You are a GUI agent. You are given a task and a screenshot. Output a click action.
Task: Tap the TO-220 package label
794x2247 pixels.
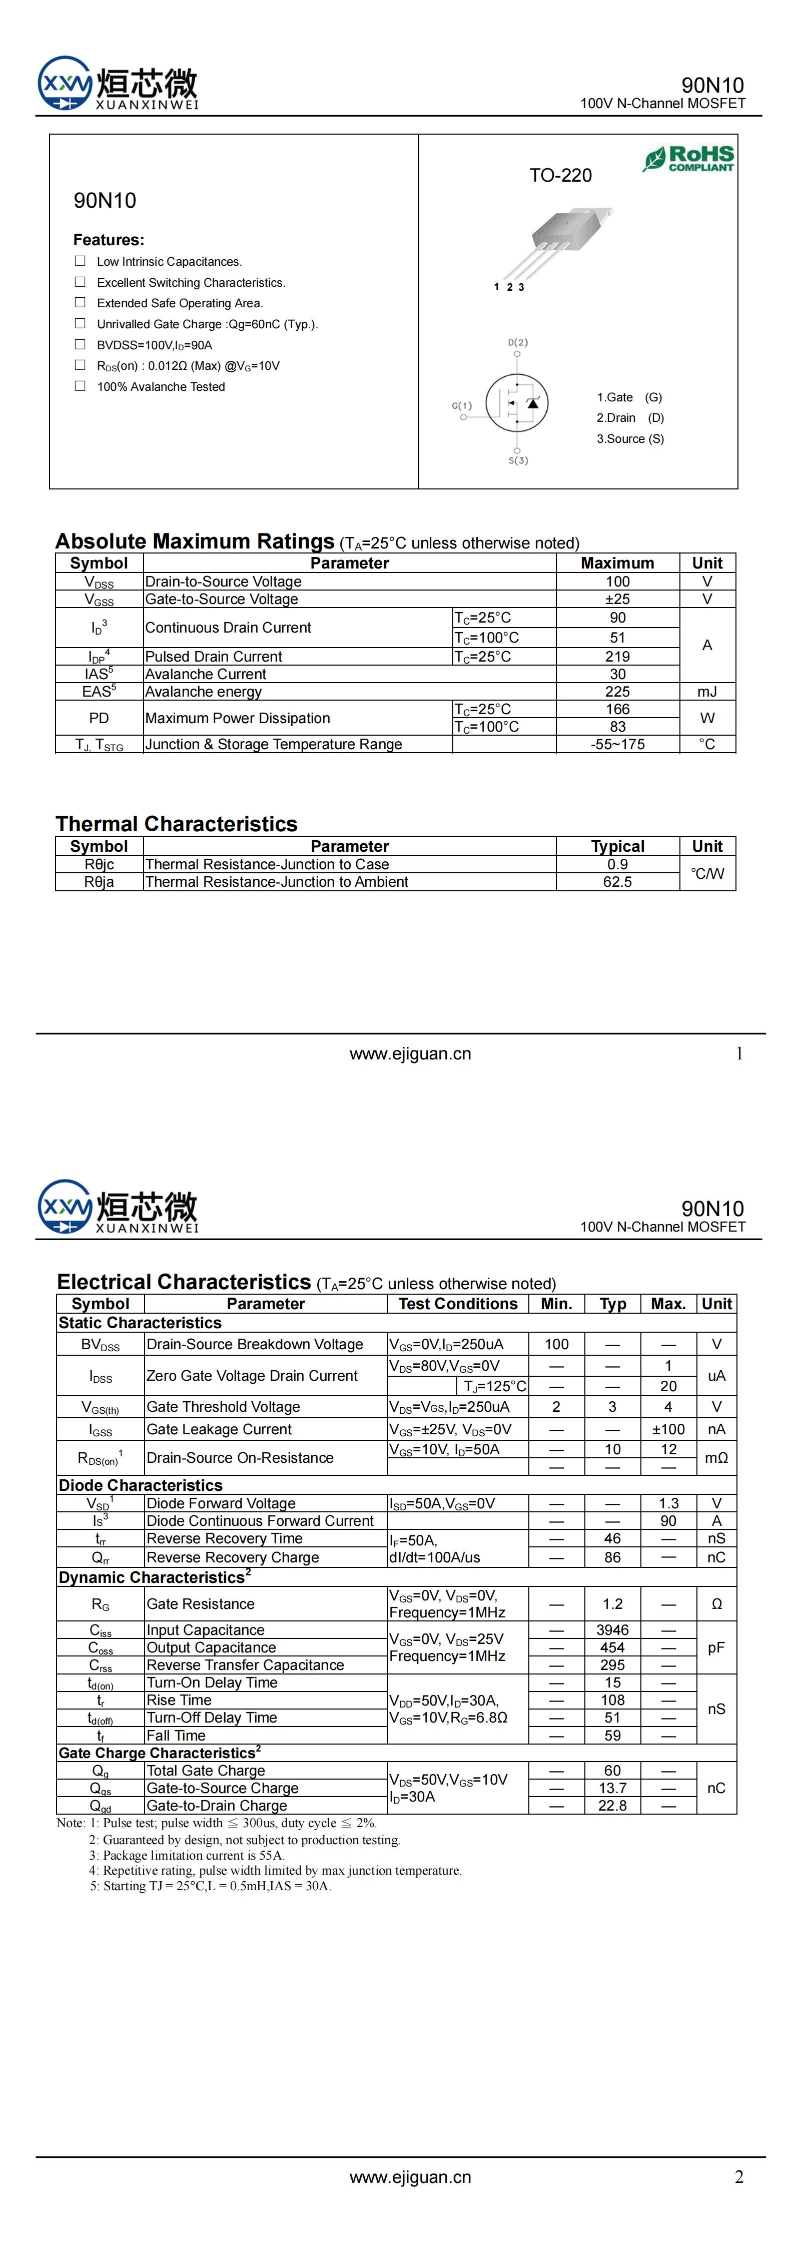[560, 175]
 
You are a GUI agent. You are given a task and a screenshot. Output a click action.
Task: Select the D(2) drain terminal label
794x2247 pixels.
[517, 343]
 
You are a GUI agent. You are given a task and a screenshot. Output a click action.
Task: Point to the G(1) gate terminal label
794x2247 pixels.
[462, 406]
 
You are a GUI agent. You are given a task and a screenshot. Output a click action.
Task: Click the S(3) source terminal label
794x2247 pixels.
[518, 460]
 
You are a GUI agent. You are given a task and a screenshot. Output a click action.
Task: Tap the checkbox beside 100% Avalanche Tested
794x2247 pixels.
[80, 385]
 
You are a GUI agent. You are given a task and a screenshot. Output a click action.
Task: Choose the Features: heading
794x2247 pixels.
[108, 240]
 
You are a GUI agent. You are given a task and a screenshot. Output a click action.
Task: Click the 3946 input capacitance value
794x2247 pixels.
[612, 1629]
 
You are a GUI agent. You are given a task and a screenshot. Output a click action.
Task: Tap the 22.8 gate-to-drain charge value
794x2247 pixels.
[612, 1806]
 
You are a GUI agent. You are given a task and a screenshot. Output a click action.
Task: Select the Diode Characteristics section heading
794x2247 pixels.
[141, 1485]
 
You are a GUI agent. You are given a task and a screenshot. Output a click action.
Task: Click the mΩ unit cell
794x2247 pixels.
[716, 1458]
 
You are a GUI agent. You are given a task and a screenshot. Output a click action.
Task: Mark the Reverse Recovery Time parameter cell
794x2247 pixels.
[224, 1539]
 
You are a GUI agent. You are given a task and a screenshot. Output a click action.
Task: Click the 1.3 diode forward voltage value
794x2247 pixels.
[668, 1503]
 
